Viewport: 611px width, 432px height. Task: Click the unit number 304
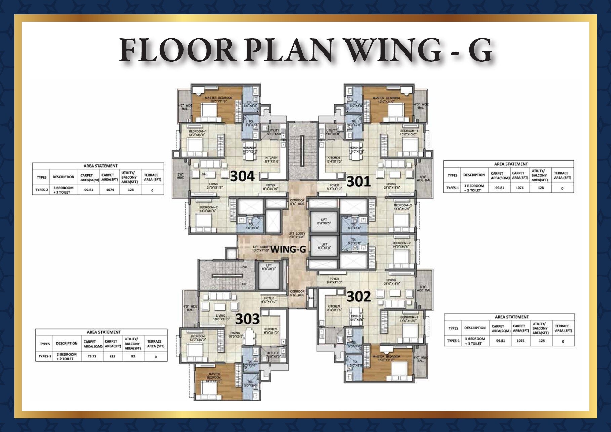point(242,176)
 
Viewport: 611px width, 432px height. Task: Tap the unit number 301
point(358,181)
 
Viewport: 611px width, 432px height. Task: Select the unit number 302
point(359,296)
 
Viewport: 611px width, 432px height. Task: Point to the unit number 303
point(247,319)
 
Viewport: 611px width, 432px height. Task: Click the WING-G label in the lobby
point(288,249)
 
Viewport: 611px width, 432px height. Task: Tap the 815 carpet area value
point(112,356)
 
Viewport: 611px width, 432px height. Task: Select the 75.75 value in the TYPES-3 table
point(92,356)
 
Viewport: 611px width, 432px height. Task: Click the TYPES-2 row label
point(42,190)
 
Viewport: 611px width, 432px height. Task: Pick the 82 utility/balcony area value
point(133,356)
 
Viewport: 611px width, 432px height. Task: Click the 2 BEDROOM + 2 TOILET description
point(66,357)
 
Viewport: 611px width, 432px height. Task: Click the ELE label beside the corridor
point(311,298)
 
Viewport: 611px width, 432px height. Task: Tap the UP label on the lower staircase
point(244,284)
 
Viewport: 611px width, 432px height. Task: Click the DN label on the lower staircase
point(244,267)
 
